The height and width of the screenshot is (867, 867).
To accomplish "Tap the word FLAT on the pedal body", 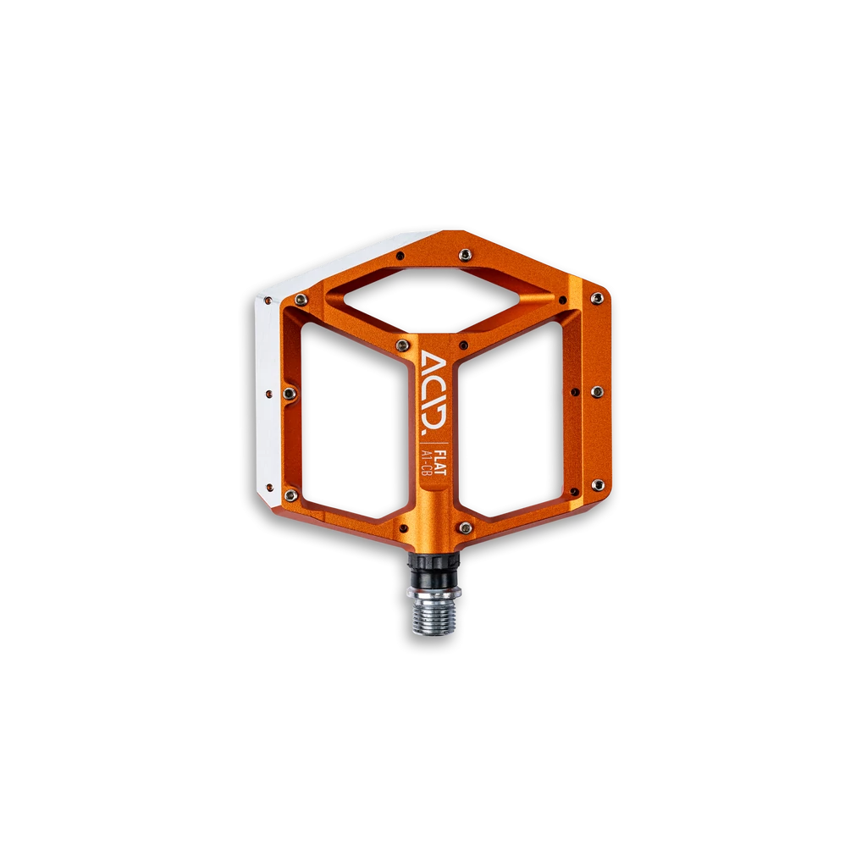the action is [x=440, y=464].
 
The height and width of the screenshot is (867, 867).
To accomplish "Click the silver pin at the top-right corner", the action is [x=597, y=299].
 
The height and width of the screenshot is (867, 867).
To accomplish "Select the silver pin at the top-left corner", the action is [x=301, y=299].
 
